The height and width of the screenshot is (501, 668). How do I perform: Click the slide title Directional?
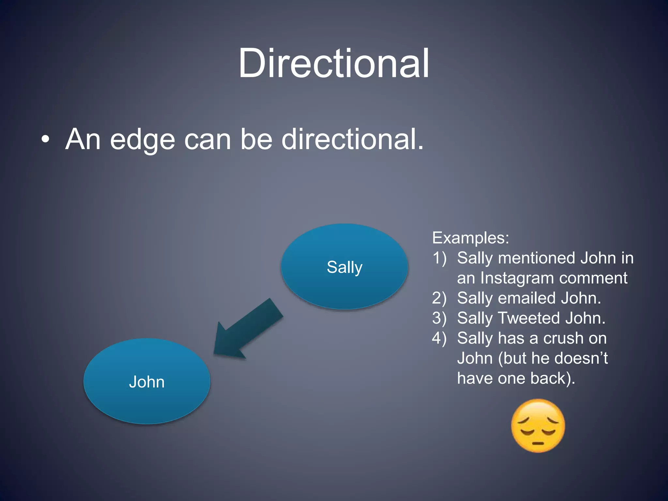334,63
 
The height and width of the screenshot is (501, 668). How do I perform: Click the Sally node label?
344,267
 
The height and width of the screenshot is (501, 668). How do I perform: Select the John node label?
147,382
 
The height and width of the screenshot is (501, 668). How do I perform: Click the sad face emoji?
538,426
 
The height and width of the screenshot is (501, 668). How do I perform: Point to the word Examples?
470,238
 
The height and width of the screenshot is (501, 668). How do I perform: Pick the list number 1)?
439,258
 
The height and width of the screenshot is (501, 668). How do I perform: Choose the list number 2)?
439,298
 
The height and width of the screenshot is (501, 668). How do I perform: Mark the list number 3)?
439,318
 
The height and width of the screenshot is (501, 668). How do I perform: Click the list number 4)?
439,338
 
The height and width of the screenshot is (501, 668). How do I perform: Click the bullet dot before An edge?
46,140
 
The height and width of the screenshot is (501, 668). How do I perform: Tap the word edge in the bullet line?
143,140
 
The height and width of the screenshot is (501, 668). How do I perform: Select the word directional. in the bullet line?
353,139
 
